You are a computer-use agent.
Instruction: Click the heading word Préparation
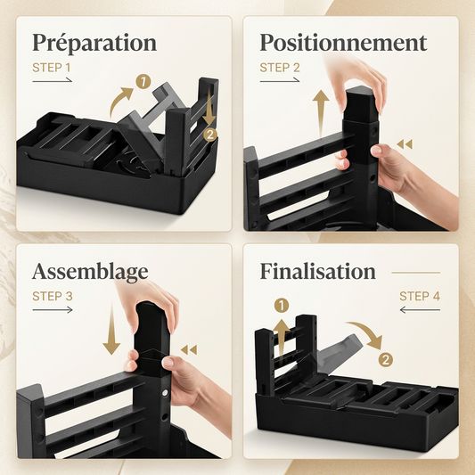coord(94,44)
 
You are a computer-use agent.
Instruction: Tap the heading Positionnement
coord(343,43)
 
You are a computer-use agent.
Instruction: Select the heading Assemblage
coord(90,272)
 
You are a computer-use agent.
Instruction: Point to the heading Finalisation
coord(318,271)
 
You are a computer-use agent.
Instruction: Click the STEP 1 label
coord(51,68)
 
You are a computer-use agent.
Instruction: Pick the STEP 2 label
coord(280,68)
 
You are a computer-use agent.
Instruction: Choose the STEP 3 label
coord(53,296)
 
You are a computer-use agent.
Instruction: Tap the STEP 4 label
coord(420,296)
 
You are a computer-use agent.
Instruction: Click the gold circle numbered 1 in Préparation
coord(143,81)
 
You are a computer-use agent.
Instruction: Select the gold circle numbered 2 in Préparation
coord(210,135)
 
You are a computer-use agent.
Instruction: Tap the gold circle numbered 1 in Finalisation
coord(282,306)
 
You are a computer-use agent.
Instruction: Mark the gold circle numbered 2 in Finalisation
coord(385,360)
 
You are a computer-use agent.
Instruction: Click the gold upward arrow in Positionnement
coord(321,112)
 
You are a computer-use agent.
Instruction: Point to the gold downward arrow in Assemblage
coord(111,329)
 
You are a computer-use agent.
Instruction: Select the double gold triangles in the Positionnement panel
coord(405,144)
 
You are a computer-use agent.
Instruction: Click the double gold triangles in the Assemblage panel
coord(189,350)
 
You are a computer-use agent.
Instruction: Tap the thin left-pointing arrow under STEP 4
coord(420,310)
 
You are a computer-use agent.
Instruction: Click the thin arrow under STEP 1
coord(52,80)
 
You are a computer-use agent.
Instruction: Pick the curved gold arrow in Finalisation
coord(367,332)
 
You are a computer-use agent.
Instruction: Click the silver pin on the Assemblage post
coord(165,393)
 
